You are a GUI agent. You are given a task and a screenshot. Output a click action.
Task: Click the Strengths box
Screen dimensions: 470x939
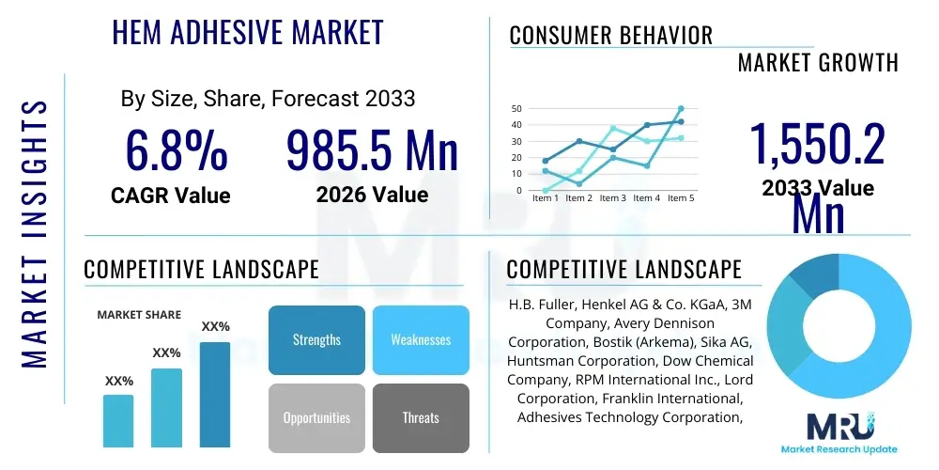point(316,339)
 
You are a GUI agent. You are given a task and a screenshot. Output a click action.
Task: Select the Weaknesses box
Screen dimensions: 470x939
point(421,339)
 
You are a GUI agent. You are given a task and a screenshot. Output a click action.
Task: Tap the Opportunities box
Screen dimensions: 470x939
point(316,417)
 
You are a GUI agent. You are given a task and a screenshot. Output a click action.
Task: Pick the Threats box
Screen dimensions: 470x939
point(421,417)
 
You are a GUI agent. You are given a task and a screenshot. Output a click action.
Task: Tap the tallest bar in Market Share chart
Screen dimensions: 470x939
point(215,394)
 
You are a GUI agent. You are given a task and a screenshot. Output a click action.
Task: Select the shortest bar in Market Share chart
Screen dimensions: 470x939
point(118,420)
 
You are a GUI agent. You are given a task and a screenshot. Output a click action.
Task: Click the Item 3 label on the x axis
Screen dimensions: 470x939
point(613,198)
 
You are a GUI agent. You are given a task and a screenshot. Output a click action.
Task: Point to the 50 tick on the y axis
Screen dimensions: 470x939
point(516,109)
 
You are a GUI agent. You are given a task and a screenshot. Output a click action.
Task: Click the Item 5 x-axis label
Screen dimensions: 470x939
point(681,198)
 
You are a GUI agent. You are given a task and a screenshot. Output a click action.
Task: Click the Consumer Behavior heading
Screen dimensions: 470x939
point(610,36)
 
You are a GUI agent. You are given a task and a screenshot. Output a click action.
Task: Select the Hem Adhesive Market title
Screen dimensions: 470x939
point(248,32)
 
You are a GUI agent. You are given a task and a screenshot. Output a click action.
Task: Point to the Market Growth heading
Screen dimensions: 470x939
point(818,63)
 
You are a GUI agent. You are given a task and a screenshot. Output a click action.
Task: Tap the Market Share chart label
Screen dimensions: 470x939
point(139,315)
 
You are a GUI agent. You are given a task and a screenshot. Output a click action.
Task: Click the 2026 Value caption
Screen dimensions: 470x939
point(372,195)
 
